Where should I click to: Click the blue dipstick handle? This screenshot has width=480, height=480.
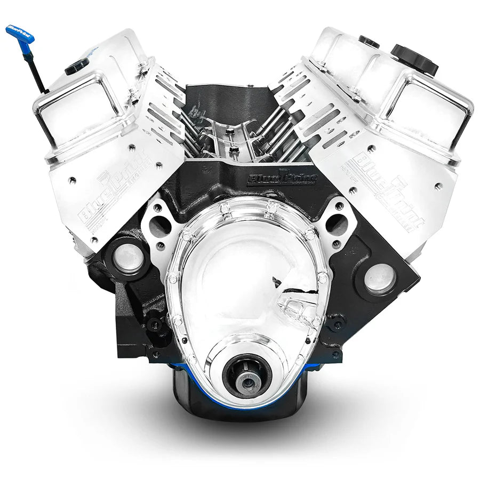(20, 34)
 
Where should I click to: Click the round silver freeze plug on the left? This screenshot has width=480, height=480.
(129, 258)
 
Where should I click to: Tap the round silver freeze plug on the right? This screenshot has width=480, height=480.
(380, 278)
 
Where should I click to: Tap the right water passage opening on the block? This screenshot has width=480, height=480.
(336, 224)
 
